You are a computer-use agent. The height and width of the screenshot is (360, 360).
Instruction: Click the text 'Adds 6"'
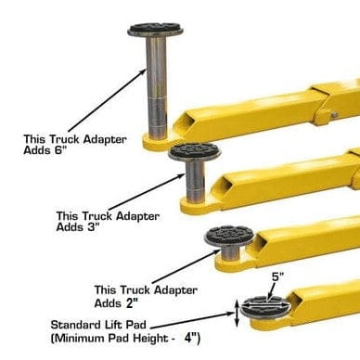click(48, 151)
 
